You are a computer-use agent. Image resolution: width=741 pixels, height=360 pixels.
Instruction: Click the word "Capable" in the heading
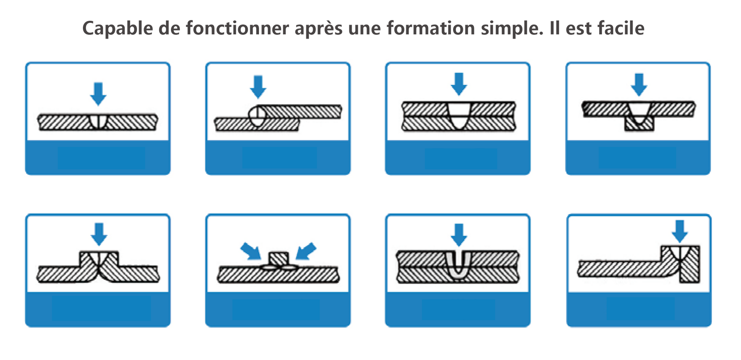(x=118, y=28)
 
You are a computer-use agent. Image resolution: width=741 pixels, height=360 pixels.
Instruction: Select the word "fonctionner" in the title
(x=237, y=28)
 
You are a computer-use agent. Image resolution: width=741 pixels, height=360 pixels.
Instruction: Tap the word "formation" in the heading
(x=431, y=28)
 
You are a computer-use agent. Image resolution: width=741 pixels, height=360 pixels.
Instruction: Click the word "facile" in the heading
(x=621, y=28)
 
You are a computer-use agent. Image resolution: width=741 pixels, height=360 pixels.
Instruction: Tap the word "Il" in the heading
(x=555, y=28)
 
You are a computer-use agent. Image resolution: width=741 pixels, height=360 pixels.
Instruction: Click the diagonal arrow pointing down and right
(x=250, y=251)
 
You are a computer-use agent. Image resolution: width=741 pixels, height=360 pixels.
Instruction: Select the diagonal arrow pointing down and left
(x=306, y=251)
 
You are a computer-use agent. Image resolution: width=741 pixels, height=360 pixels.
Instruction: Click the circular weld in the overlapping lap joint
(x=257, y=116)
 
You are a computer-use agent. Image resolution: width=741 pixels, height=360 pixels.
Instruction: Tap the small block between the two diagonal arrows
(x=279, y=259)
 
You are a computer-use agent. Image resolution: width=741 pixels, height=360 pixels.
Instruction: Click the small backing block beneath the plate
(x=639, y=124)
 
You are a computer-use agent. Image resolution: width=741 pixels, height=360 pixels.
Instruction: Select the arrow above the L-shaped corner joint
(x=680, y=232)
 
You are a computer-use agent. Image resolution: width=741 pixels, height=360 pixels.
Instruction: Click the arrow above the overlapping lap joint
(x=258, y=87)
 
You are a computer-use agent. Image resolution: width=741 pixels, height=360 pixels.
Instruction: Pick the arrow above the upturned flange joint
(x=99, y=234)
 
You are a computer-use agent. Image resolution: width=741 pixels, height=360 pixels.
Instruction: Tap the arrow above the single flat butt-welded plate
(x=98, y=94)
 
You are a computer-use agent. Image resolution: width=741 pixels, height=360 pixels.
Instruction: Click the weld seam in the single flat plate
(x=98, y=122)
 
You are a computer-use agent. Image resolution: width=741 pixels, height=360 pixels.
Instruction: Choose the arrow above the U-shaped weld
(x=459, y=235)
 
